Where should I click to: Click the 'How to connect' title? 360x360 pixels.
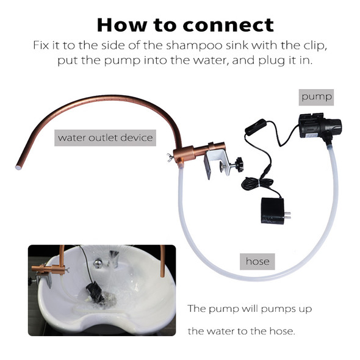(x=185, y=24)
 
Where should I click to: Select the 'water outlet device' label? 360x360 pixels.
(x=104, y=137)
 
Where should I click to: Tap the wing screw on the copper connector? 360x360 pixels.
(x=166, y=160)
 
